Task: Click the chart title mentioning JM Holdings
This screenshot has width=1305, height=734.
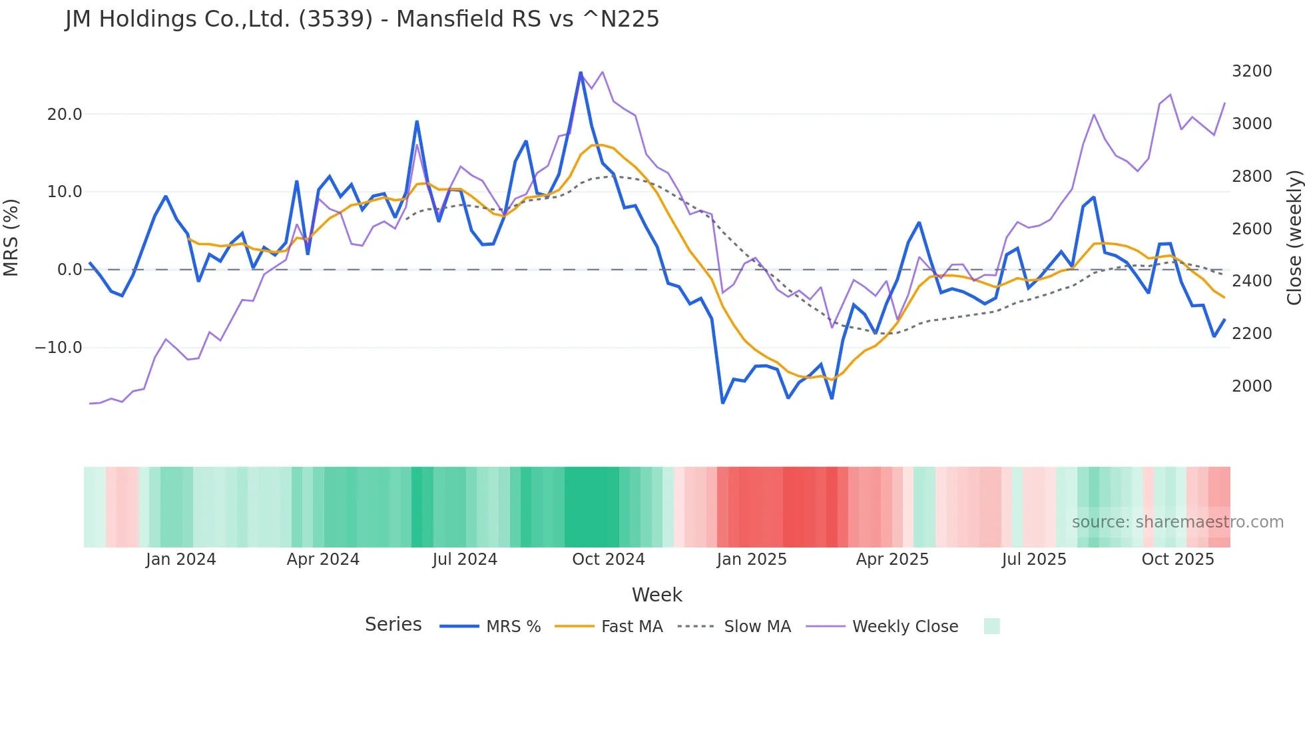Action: pyautogui.click(x=362, y=19)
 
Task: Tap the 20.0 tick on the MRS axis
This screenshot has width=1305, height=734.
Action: pyautogui.click(x=65, y=114)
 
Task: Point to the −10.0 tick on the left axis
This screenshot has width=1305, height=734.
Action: pyautogui.click(x=59, y=347)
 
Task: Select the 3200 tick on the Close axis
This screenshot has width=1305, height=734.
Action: pyautogui.click(x=1252, y=71)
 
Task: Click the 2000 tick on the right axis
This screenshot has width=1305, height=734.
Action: pyautogui.click(x=1252, y=386)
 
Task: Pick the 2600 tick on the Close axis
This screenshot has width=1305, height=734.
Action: pyautogui.click(x=1252, y=228)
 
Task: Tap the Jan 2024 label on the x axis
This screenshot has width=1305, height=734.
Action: pyautogui.click(x=181, y=559)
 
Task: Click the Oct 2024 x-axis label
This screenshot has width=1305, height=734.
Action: pyautogui.click(x=609, y=559)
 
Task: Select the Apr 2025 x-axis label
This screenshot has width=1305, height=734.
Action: pyautogui.click(x=892, y=559)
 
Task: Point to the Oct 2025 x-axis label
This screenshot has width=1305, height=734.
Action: pyautogui.click(x=1178, y=559)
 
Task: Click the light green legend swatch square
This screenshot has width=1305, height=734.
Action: pyautogui.click(x=991, y=626)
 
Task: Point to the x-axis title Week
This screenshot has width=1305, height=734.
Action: pyautogui.click(x=656, y=595)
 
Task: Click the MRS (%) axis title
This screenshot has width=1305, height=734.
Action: pyautogui.click(x=11, y=237)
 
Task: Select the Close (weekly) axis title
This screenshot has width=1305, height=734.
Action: pyautogui.click(x=1294, y=237)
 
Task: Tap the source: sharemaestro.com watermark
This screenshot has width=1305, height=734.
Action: pyautogui.click(x=1177, y=522)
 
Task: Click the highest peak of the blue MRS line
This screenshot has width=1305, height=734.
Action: pyautogui.click(x=581, y=73)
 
